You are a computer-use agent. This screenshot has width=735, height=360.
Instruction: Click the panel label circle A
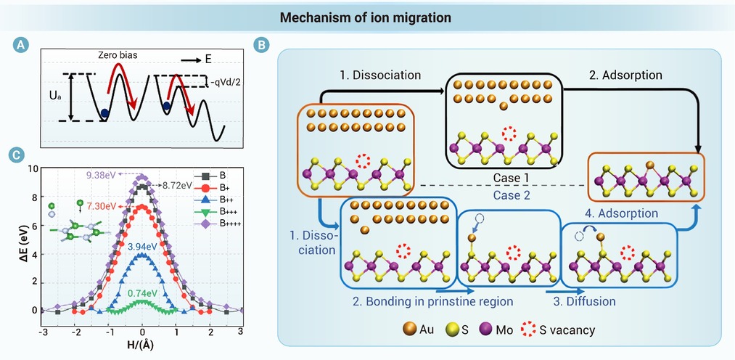pos(20,45)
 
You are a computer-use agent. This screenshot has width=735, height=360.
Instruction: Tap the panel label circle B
pos(260,46)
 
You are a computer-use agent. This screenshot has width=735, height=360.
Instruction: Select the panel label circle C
pos(20,155)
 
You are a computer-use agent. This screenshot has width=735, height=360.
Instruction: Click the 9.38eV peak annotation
pos(99,176)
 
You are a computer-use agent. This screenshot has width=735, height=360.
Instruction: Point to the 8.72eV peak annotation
pos(177,186)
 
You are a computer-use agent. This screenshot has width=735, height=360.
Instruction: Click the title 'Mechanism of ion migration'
pos(366,18)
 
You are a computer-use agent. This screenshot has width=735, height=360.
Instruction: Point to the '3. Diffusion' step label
pos(584,300)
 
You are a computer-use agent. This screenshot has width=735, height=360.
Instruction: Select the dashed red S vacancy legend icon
pos(528,330)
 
